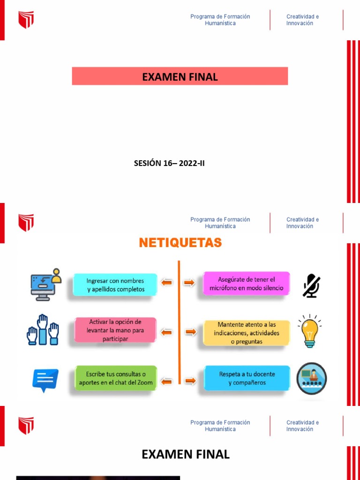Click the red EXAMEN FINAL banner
tap(180, 76)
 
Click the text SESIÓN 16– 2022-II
tap(169, 164)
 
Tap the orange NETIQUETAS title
tap(180, 243)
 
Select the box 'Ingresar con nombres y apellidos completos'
tap(115, 285)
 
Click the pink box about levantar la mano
tap(115, 330)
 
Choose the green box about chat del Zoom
tap(116, 378)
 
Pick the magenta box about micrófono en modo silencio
tap(246, 284)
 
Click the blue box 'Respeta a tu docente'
tap(247, 378)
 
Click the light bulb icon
tap(309, 331)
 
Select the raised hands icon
tap(42, 330)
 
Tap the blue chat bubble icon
tap(45, 380)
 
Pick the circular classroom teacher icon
tap(311, 378)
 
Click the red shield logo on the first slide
tap(26, 20)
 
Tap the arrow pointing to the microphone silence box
tap(188, 283)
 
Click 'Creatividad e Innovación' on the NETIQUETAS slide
tap(302, 223)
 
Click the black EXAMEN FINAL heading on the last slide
tap(186, 454)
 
